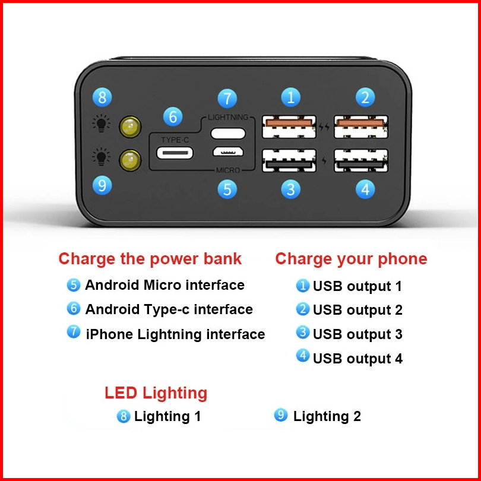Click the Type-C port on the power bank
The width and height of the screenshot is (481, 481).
point(175,153)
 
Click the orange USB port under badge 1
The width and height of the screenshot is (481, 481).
point(289,126)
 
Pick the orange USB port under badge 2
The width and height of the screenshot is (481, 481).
point(361,126)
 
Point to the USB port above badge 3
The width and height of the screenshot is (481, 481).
point(289,160)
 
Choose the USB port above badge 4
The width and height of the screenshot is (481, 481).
point(361,160)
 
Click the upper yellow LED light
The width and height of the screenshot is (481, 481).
point(129,126)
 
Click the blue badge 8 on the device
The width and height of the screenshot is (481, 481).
point(102,97)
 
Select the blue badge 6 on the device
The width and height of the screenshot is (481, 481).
point(172,116)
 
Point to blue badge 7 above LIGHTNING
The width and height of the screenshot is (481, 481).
point(227,98)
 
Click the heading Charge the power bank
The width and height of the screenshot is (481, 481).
point(150,259)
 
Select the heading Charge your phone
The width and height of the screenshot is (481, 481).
point(351,259)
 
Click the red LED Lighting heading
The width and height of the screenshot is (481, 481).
point(156,393)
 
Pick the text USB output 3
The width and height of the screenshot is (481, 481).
point(357,334)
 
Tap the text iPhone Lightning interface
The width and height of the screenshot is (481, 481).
point(175,334)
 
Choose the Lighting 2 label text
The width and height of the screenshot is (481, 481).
point(327,416)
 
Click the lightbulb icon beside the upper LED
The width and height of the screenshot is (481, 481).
point(102,124)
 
